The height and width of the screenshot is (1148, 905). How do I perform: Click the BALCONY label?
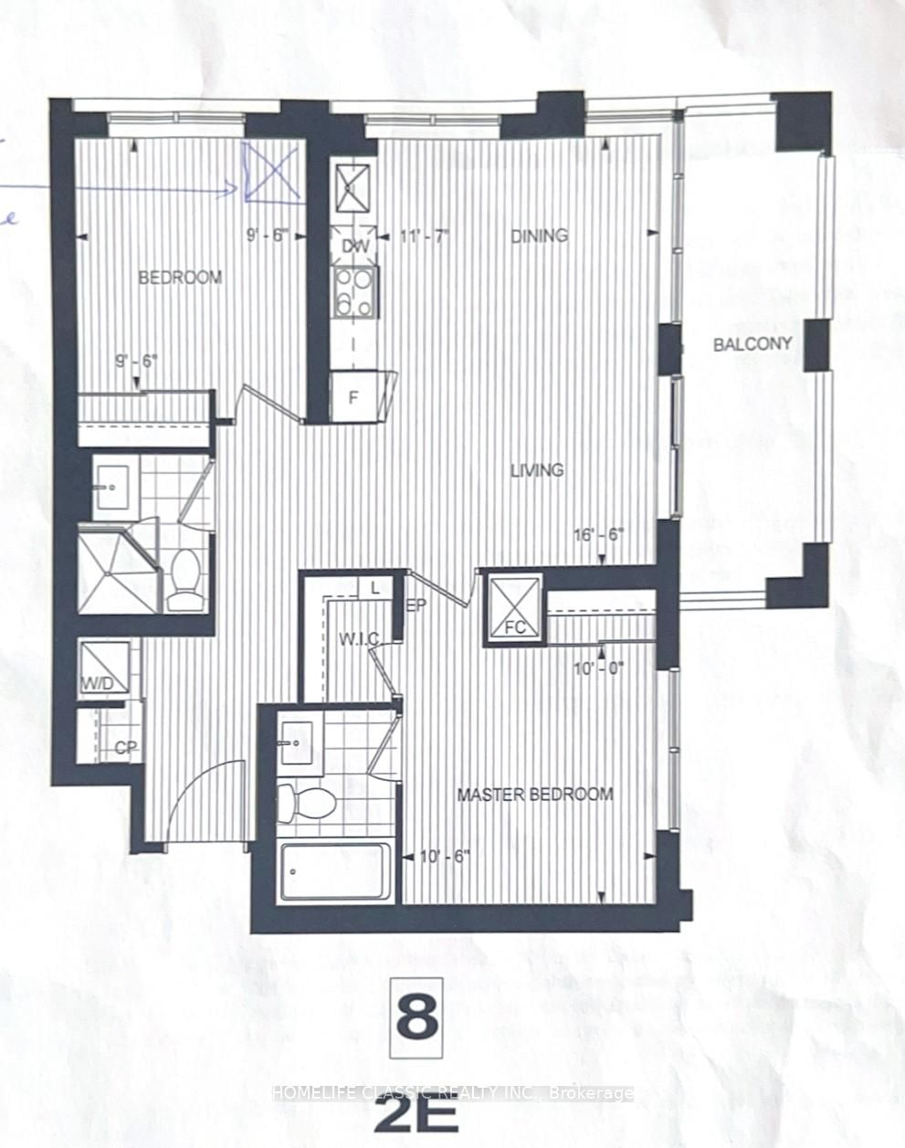coord(752,343)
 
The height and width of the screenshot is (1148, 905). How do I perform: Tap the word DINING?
coord(539,235)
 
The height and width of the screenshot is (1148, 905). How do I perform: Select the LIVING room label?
coord(536,470)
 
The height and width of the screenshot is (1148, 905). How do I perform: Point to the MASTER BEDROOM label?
coord(534,794)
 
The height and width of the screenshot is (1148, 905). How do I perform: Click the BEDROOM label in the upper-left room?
coord(179,277)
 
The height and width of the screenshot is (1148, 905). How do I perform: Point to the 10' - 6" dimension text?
coord(447,856)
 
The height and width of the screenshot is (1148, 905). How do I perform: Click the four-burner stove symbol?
coord(354,291)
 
